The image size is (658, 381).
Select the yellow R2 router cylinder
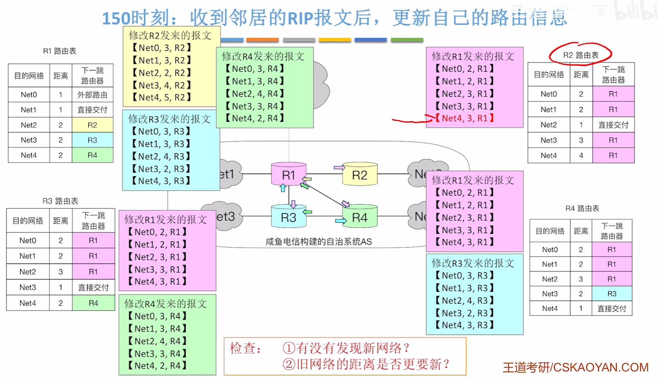pos(360,175)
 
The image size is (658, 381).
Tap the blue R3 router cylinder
pos(288,217)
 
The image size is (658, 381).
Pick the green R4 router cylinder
pos(360,217)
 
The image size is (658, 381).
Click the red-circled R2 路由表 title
pos(580,55)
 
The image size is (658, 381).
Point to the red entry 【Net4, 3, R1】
pos(465,118)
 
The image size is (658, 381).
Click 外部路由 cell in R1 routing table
pos(92,95)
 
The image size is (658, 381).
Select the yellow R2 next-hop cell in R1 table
pos(92,125)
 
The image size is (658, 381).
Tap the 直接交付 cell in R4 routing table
pos(611,308)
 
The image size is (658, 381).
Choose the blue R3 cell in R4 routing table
pos(611,293)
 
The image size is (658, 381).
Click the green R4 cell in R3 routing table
pos(93,303)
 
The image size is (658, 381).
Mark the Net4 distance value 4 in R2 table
pos(581,155)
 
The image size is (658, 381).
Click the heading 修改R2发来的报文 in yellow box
pos(170,36)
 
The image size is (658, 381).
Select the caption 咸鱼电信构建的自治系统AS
pos(318,242)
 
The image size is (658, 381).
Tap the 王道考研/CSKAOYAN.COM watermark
pos(575,367)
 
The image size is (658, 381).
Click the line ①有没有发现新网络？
pos(346,348)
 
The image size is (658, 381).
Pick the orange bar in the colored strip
pos(262,40)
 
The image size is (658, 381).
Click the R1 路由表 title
pos(60,51)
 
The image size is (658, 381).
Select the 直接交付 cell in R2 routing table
pos(613,125)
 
